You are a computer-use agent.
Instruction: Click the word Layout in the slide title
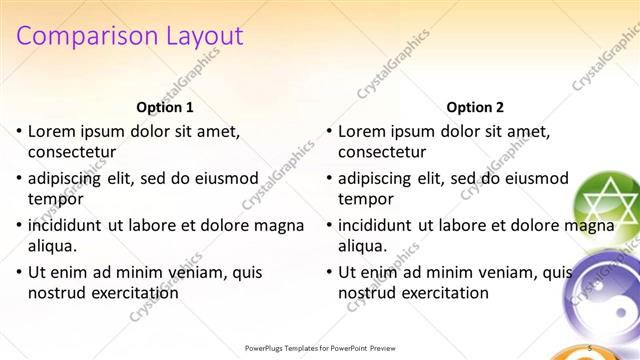point(200,36)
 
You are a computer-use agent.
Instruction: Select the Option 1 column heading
point(164,107)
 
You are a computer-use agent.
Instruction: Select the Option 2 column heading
point(475,107)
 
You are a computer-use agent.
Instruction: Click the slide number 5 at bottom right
point(591,347)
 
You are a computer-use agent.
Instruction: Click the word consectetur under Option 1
point(72,152)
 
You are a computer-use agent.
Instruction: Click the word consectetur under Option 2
point(382,152)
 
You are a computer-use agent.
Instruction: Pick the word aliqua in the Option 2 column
point(362,246)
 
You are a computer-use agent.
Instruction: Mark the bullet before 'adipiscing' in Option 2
point(329,178)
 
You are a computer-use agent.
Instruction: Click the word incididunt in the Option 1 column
point(66,225)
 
